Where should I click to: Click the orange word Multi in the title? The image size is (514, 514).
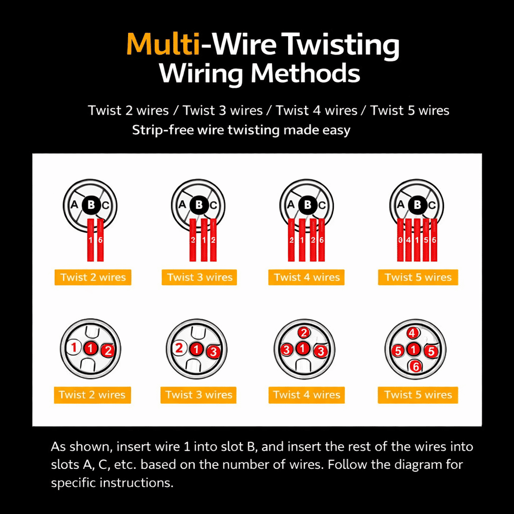pos(163,44)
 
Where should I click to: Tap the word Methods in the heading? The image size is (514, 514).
pos(305,73)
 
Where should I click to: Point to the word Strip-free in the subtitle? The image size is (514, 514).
pos(163,130)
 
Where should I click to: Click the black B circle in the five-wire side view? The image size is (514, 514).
pos(417,205)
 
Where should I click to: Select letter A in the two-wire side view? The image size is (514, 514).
pos(74,205)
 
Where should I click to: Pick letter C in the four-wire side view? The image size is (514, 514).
pos(322,205)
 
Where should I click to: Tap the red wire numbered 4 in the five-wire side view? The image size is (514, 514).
pos(409,239)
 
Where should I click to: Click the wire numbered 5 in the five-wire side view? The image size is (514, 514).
pos(426,239)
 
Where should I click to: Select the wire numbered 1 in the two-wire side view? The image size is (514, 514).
pos(90,239)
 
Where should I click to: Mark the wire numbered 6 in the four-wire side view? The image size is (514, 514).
pos(322,239)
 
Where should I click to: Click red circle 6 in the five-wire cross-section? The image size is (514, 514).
pos(415,366)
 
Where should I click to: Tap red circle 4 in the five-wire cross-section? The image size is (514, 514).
pos(413,333)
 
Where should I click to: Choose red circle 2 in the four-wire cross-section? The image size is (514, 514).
pos(304,333)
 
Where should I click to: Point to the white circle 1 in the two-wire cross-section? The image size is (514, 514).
pos(74,347)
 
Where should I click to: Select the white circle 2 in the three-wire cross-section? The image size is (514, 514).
pos(179,348)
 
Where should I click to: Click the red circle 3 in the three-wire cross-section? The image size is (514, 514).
pos(213,351)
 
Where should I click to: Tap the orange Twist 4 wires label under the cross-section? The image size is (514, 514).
pos(307,395)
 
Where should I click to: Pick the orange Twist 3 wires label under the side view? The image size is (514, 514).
pos(199,277)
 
